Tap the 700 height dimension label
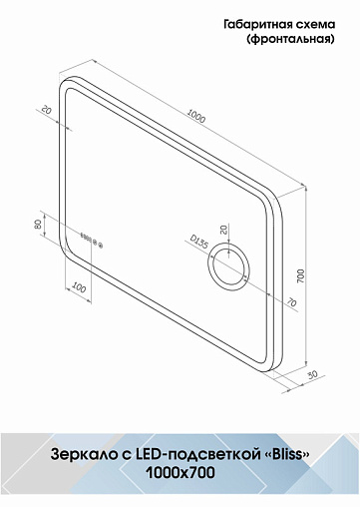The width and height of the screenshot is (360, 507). pos(300,275)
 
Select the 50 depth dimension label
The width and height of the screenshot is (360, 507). pos(312,374)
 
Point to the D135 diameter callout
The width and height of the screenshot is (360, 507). pos(198,242)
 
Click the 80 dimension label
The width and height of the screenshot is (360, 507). pos(38,225)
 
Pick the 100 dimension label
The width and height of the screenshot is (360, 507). pos(79,287)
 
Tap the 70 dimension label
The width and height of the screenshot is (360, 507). pos(291,302)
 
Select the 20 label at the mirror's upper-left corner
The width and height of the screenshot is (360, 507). pos(47,110)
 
